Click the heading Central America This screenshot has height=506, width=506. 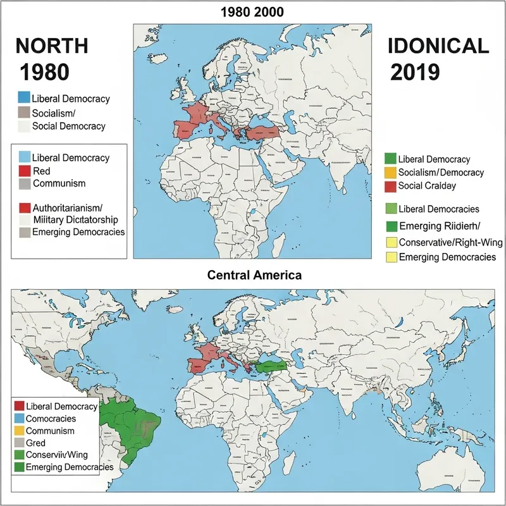pyautogui.click(x=253, y=276)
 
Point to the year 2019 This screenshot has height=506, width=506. pyautogui.click(x=415, y=72)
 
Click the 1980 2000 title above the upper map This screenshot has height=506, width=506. pyautogui.click(x=252, y=11)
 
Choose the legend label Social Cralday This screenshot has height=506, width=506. pyautogui.click(x=428, y=186)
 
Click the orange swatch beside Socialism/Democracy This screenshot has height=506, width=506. pyautogui.click(x=390, y=173)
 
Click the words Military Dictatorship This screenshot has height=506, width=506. pyautogui.click(x=73, y=219)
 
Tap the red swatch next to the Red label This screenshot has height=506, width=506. pyautogui.click(x=25, y=171)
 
